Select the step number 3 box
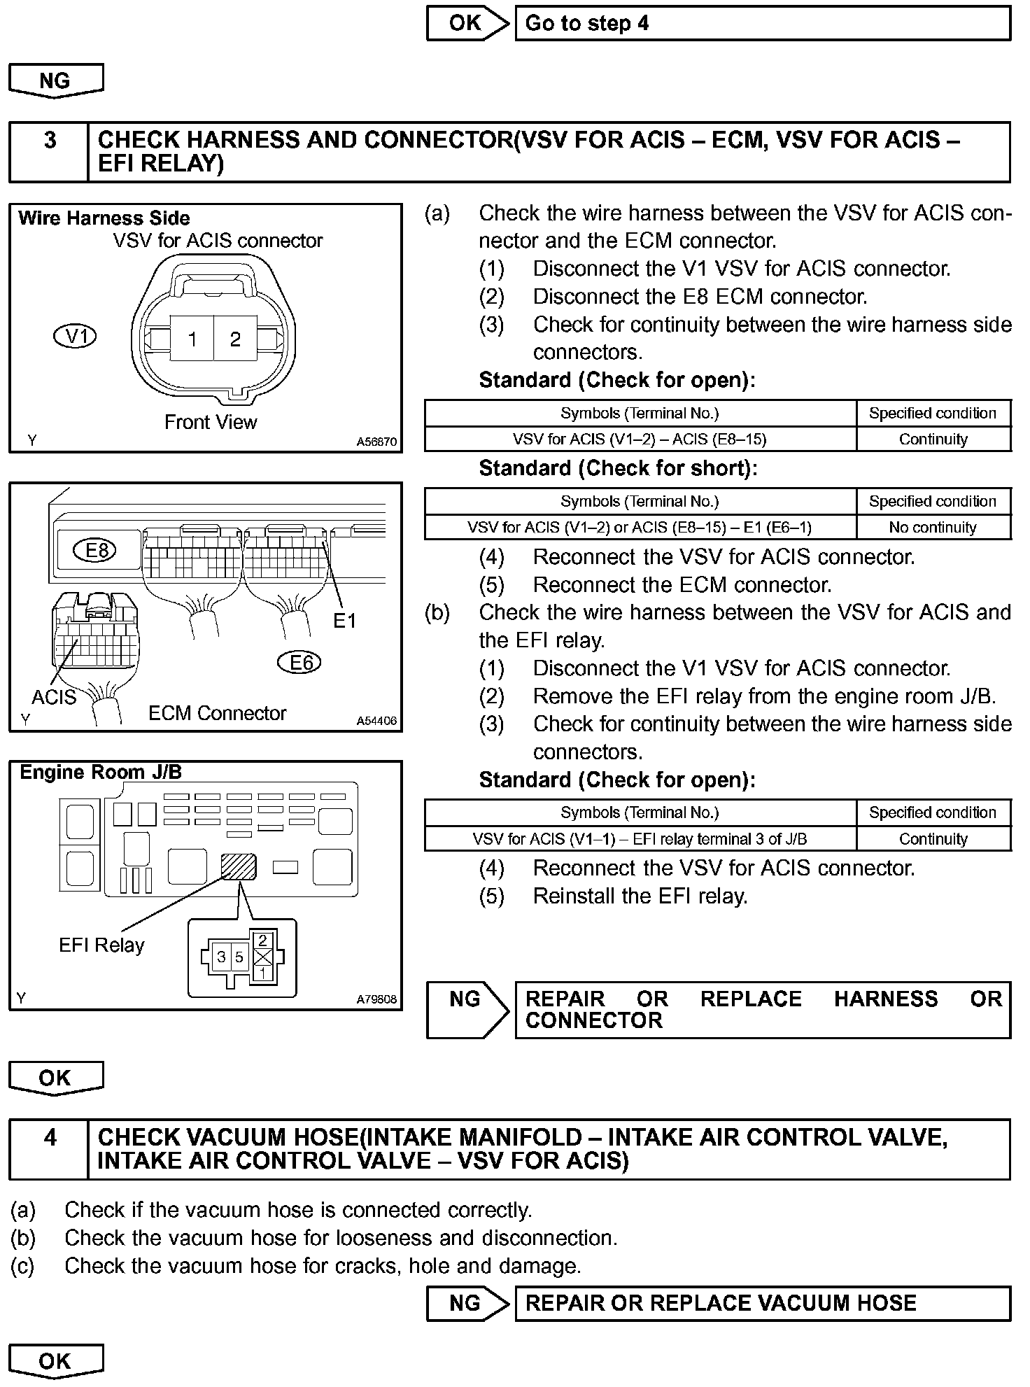pos(49,152)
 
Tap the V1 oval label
pos(75,337)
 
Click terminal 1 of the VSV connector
pos(192,339)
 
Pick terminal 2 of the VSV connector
pos(235,339)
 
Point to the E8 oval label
pos(96,550)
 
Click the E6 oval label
pos(299,662)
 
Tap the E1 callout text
pos(344,621)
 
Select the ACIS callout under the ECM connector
pos(54,697)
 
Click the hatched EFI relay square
pos(239,867)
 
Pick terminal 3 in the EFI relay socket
pos(221,957)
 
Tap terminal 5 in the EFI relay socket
pos(239,957)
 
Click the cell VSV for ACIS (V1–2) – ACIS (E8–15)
pos(640,439)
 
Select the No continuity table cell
pos(933,528)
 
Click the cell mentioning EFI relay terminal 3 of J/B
pos(640,839)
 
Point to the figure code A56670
pos(376,442)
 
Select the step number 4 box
pos(49,1149)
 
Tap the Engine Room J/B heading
pos(101,773)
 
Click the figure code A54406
pos(376,721)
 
